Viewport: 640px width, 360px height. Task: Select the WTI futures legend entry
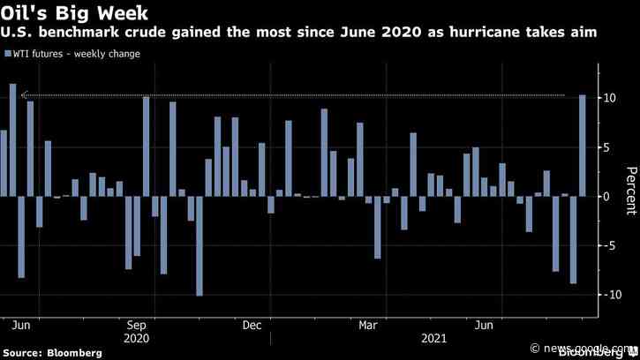[73, 54]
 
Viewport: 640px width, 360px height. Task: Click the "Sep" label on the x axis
[137, 325]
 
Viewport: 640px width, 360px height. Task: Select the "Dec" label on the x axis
[252, 325]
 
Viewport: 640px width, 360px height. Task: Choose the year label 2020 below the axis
[137, 338]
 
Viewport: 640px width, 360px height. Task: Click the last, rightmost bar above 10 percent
[583, 146]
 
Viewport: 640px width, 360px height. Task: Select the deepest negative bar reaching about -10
[200, 245]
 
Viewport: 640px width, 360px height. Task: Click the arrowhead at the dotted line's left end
[24, 95]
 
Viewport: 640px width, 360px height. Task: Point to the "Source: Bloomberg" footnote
[52, 353]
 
